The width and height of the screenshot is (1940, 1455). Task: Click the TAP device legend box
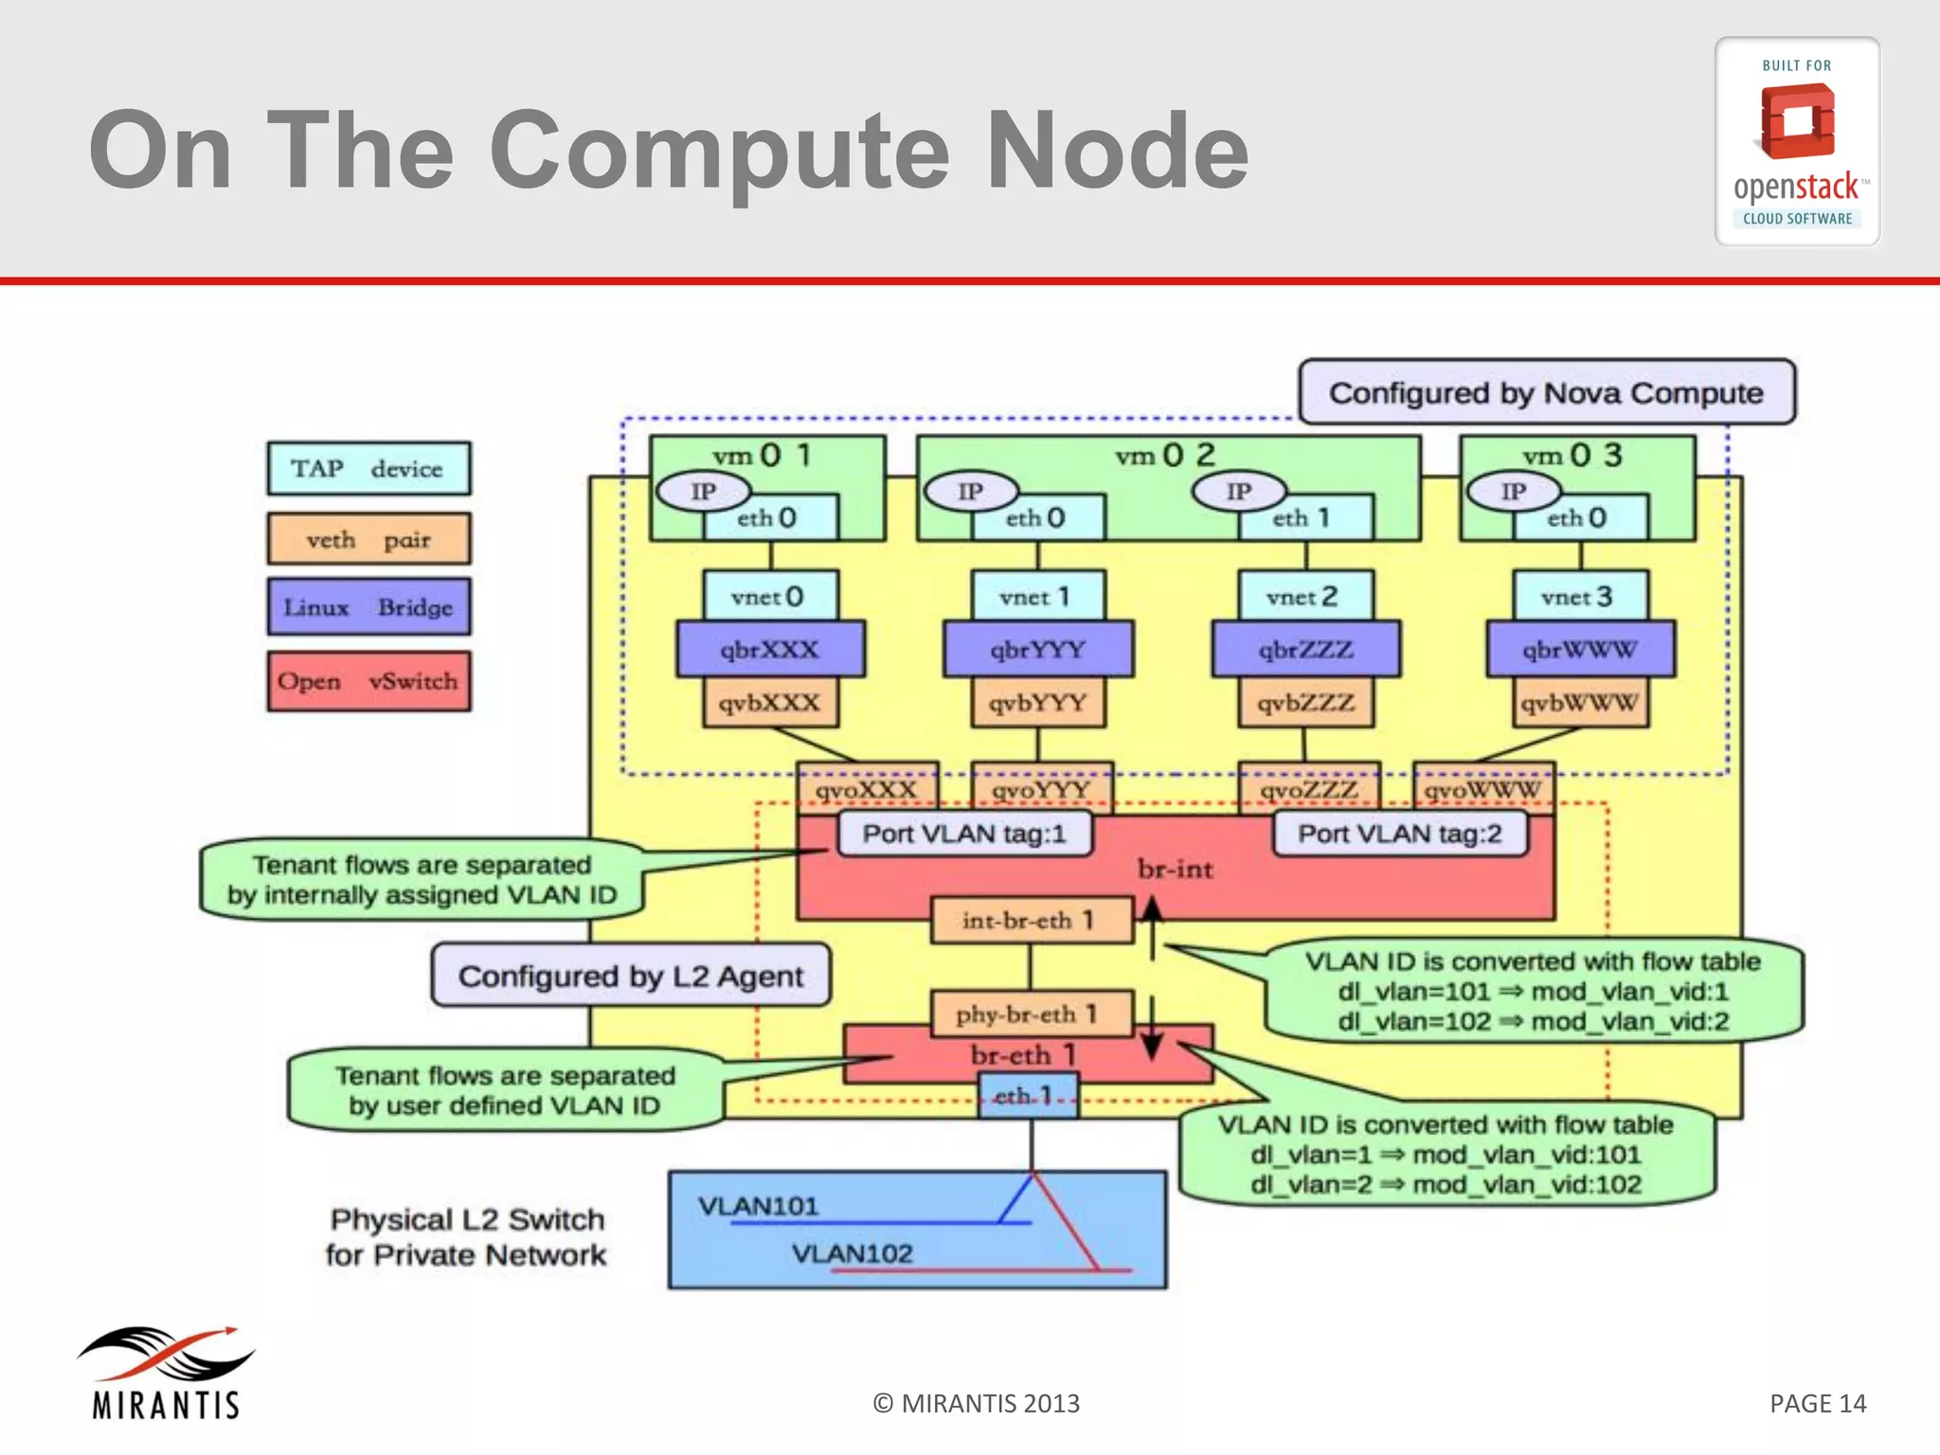(x=368, y=469)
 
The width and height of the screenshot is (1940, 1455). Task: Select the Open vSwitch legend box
(x=368, y=681)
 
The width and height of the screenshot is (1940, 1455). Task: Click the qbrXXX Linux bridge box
(x=770, y=650)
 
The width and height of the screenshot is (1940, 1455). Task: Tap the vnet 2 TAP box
(x=1304, y=597)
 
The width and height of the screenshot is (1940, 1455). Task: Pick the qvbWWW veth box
(x=1579, y=703)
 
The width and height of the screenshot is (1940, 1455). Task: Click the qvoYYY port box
(x=1041, y=789)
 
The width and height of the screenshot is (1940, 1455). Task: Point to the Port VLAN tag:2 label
(x=1399, y=834)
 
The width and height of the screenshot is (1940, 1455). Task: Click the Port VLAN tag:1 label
(x=964, y=834)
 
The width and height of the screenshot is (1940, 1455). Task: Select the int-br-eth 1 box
(x=1031, y=920)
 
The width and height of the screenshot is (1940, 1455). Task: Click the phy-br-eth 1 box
(x=1031, y=1015)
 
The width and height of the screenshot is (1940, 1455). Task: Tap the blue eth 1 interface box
(x=1027, y=1096)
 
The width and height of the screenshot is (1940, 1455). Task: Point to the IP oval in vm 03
(x=1513, y=492)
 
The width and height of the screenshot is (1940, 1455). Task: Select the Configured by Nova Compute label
(x=1546, y=392)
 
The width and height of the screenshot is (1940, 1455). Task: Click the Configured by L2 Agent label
(x=631, y=976)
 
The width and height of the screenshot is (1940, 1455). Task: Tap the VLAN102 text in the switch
(x=852, y=1253)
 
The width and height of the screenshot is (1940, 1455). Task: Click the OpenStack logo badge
(x=1797, y=142)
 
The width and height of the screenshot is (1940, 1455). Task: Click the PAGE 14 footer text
(x=1817, y=1403)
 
